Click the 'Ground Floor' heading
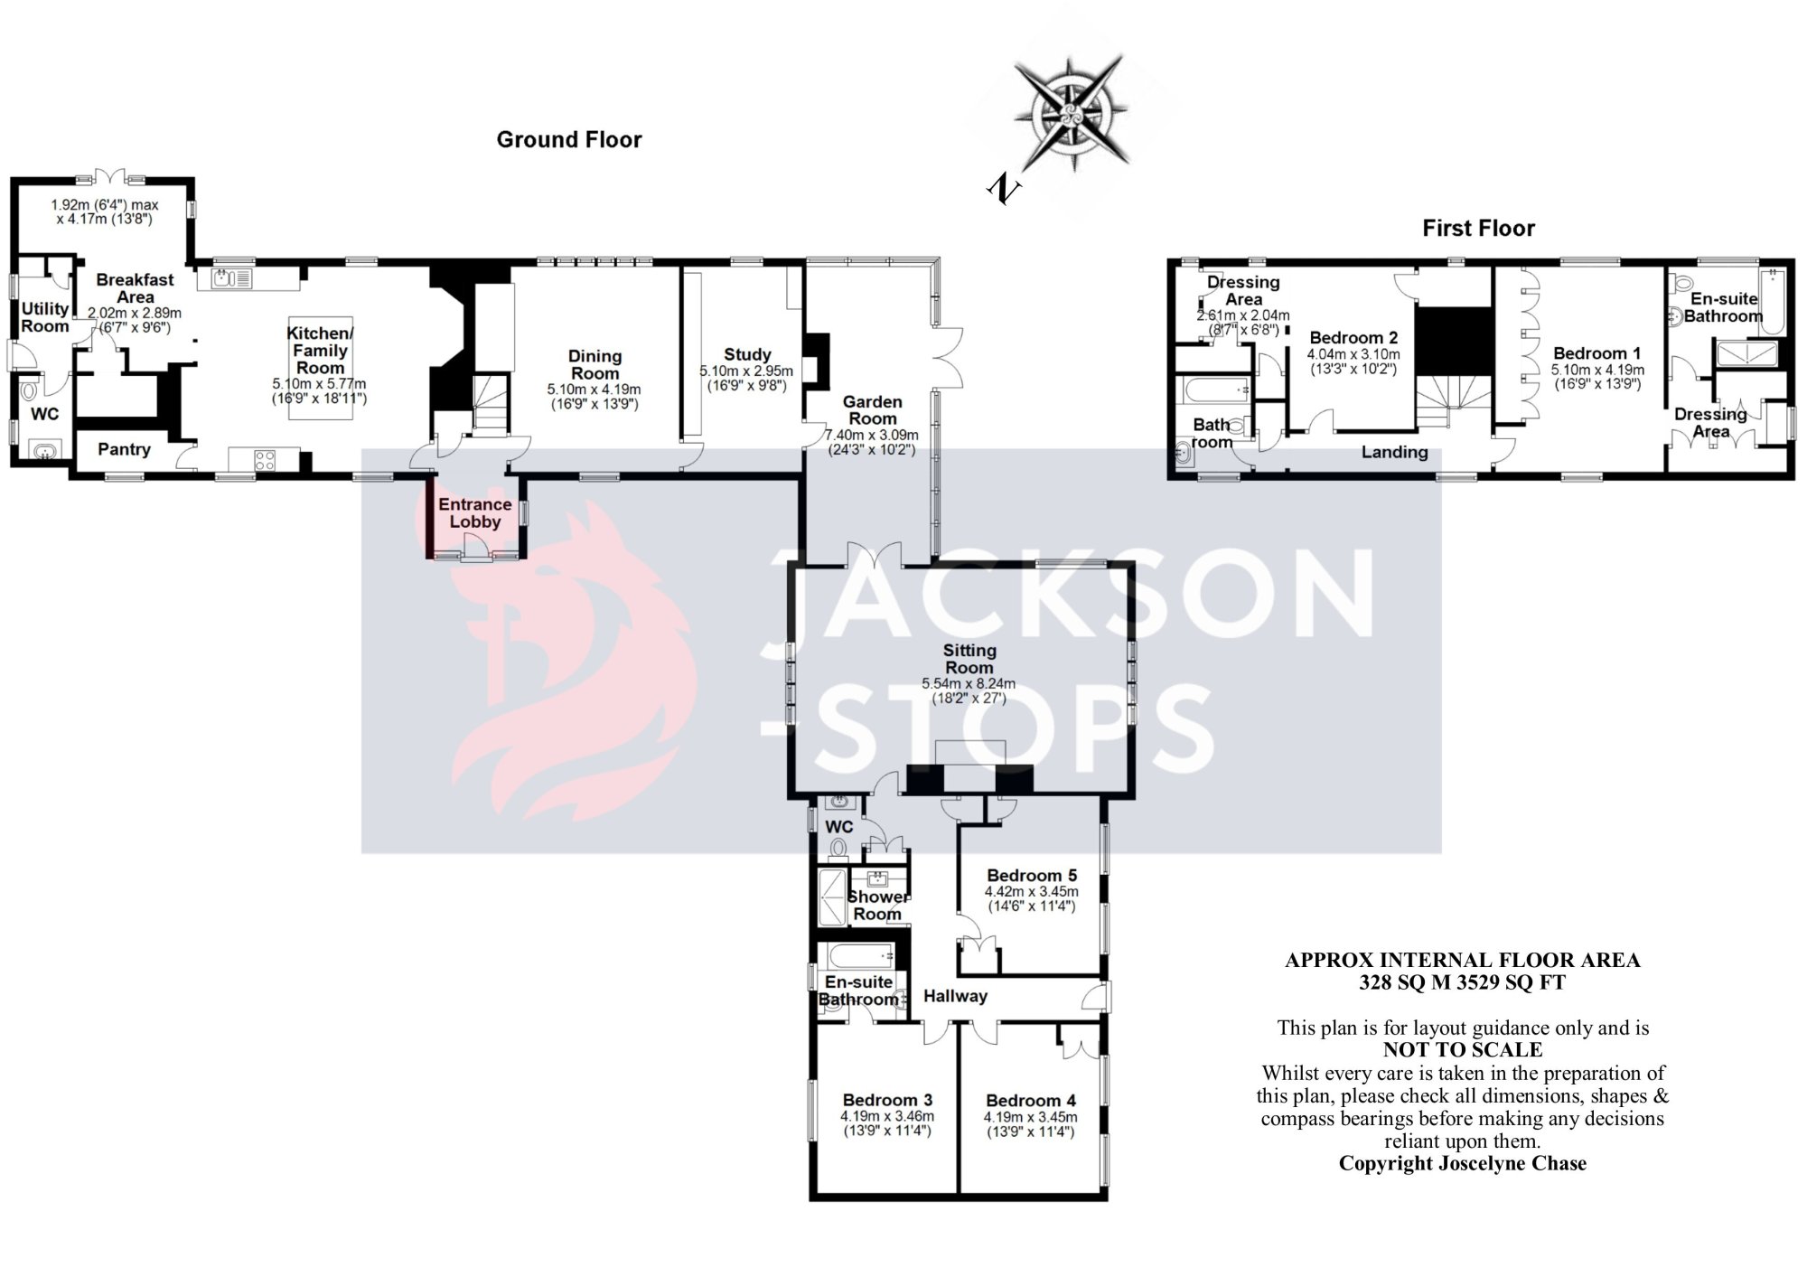click(569, 140)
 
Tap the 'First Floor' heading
click(1478, 229)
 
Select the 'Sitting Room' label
click(969, 659)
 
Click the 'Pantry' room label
click(124, 449)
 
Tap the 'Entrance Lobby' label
click(475, 512)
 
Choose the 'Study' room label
click(747, 355)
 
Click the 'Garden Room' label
click(872, 409)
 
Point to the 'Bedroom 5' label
click(1032, 875)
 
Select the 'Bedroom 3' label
click(887, 1100)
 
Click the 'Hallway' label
click(955, 996)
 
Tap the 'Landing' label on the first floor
click(1395, 452)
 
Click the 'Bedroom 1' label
click(1596, 353)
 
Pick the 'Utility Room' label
click(45, 317)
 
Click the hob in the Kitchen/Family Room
click(264, 459)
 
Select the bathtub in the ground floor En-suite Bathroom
click(858, 955)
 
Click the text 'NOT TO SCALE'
click(1463, 1050)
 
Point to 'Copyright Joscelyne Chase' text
click(1462, 1163)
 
